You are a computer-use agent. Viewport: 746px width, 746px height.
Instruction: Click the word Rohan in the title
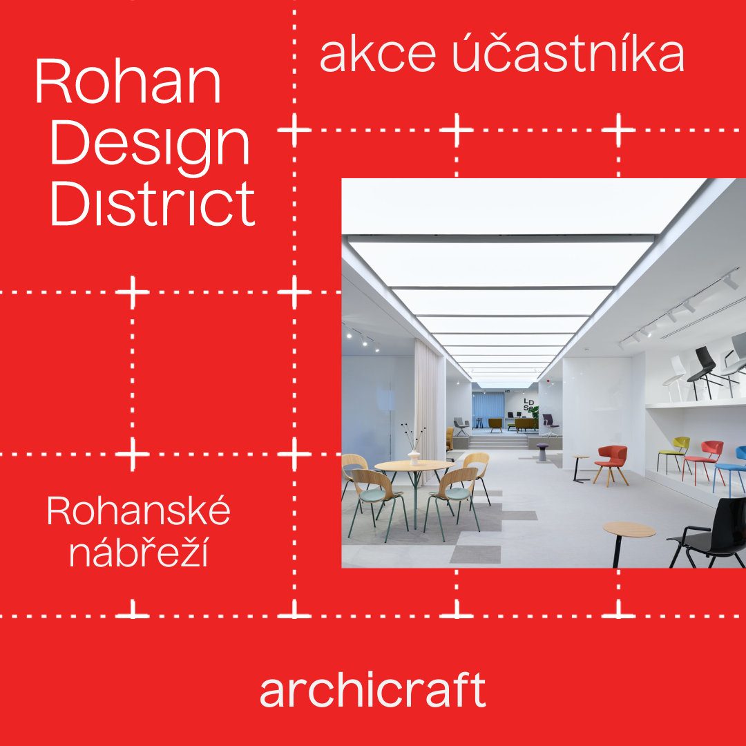pos(128,81)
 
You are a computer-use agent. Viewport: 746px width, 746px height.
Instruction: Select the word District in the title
pos(153,203)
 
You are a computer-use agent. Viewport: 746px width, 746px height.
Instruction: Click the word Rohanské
pos(138,510)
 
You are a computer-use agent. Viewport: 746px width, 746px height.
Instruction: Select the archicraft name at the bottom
pos(372,690)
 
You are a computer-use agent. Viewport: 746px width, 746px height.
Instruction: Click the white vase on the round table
pos(414,457)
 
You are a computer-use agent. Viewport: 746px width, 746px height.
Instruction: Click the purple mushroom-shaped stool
pos(542,452)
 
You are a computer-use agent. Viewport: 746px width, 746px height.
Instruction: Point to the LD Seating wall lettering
pos(528,404)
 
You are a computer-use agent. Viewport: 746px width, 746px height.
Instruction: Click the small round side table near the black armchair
pos(628,542)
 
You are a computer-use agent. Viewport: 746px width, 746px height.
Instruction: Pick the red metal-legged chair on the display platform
pos(704,460)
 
